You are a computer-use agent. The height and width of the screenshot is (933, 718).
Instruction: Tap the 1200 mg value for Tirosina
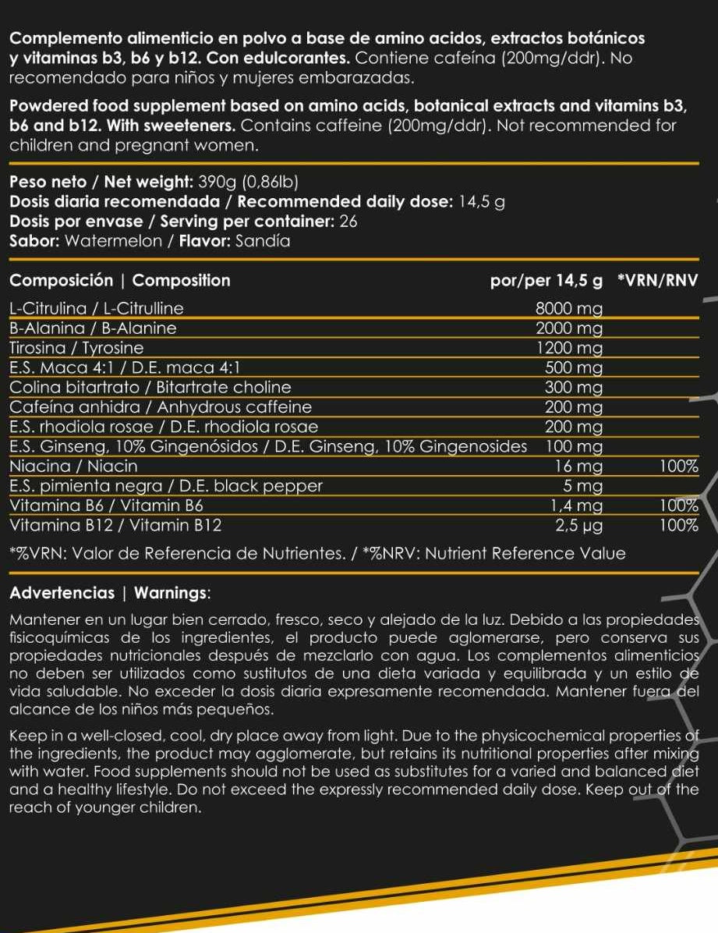[x=570, y=347]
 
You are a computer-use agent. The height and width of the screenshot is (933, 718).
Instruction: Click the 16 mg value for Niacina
[x=578, y=466]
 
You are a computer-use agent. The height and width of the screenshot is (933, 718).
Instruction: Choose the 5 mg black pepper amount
[x=583, y=487]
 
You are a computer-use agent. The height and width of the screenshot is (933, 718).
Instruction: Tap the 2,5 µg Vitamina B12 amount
[x=578, y=525]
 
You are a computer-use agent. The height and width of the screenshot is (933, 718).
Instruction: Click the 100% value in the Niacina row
[x=677, y=466]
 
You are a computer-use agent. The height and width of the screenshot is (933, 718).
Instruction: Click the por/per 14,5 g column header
[x=546, y=280]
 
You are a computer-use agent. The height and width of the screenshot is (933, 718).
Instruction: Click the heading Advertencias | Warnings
[x=109, y=592]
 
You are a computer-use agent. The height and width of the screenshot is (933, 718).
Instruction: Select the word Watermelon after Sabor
[x=113, y=241]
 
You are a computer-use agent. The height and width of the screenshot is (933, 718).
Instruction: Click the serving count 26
[x=348, y=222]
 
